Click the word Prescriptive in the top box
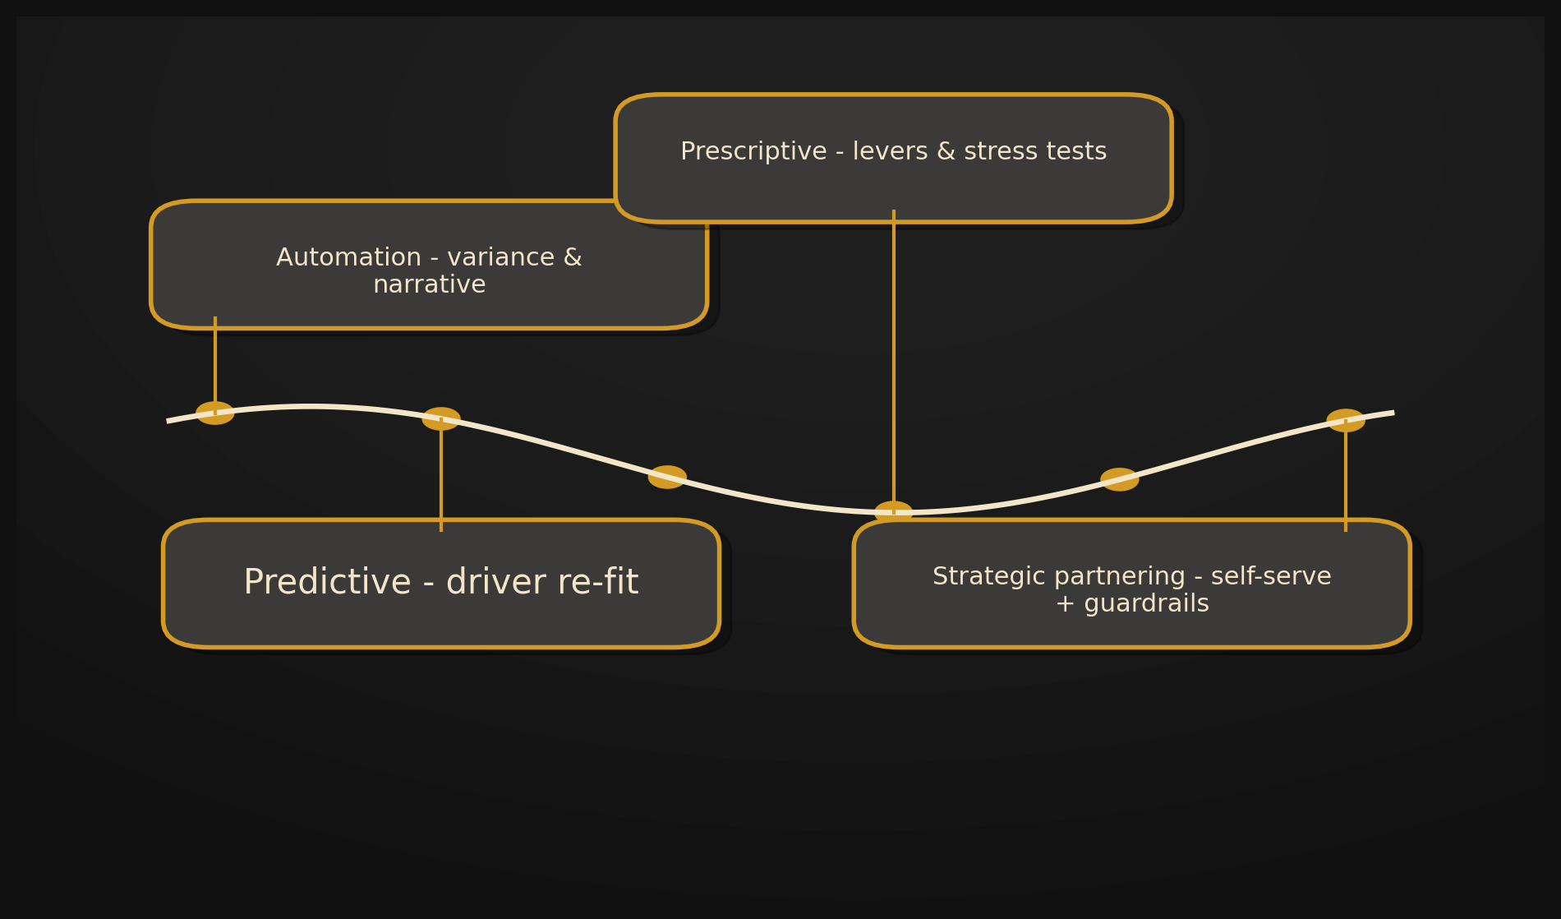(753, 152)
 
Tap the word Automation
(348, 258)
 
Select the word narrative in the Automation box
(429, 285)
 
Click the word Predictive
(327, 583)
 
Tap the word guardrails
(1146, 604)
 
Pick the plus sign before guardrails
(1065, 604)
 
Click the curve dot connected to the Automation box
(215, 413)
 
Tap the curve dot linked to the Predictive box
(441, 419)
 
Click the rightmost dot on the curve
(1346, 421)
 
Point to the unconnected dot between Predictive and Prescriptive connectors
(667, 478)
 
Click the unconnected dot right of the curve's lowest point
(1120, 479)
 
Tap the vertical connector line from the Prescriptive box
(894, 362)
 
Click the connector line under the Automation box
(215, 362)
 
